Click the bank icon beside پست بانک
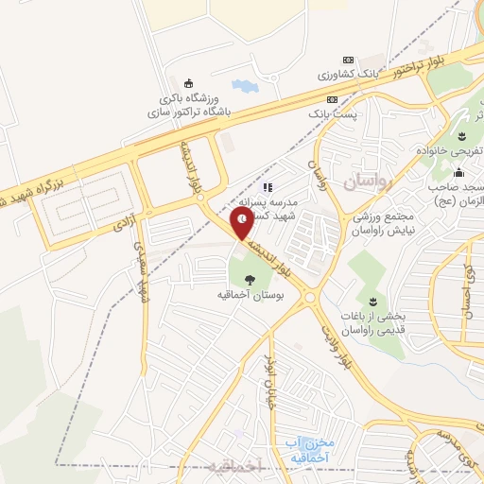tap(332, 99)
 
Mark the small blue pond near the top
tap(244, 85)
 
